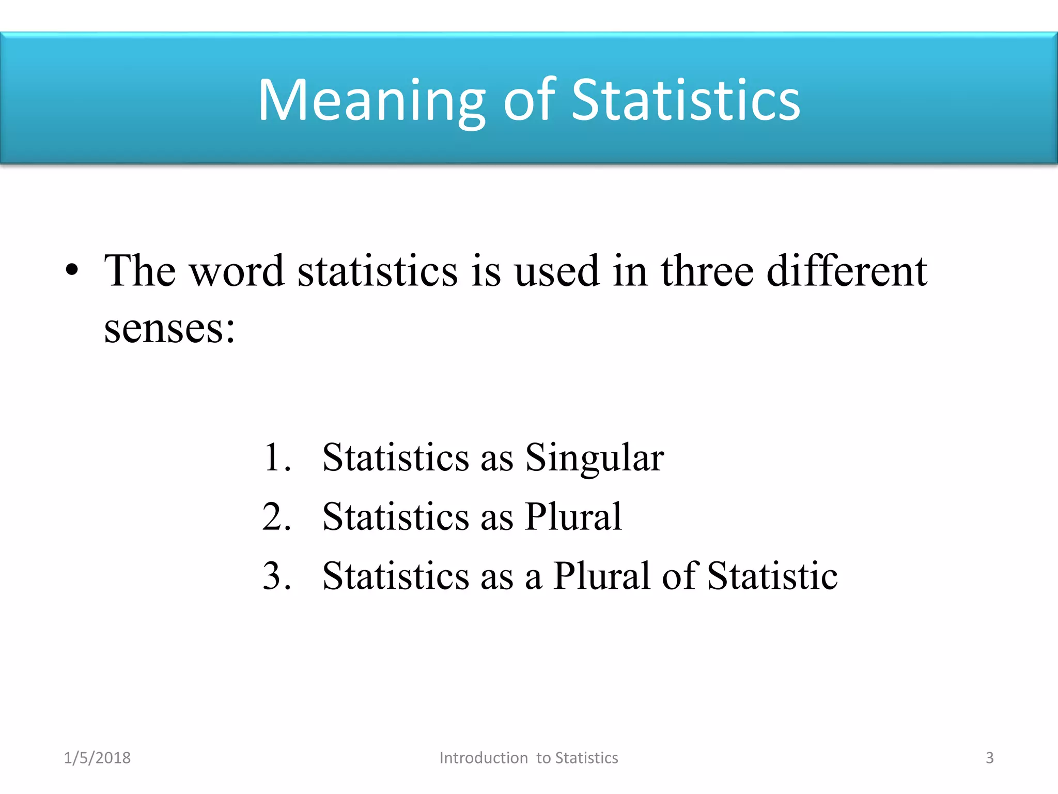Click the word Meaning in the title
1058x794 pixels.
371,101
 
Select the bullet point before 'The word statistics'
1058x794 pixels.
72,270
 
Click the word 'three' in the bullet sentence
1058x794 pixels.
707,271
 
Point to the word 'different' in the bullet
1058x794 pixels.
847,271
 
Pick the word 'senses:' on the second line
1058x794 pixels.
169,329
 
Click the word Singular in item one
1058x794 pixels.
594,459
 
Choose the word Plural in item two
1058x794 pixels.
573,516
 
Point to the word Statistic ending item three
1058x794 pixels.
772,575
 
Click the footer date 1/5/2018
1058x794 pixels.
97,758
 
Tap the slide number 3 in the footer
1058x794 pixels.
989,758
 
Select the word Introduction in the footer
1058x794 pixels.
484,758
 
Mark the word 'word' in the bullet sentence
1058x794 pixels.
237,272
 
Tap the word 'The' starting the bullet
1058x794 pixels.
140,271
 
